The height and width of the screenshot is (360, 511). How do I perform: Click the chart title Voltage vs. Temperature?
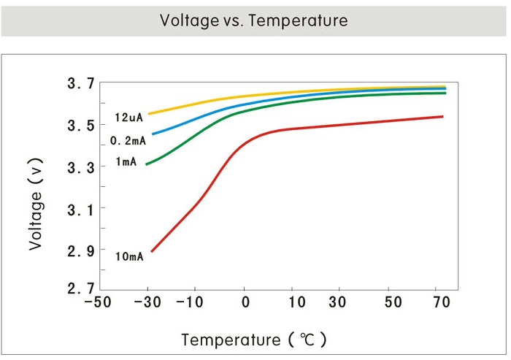click(x=254, y=20)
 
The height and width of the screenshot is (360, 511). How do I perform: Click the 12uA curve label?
click(x=128, y=118)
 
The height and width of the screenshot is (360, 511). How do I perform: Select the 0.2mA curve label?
click(x=128, y=140)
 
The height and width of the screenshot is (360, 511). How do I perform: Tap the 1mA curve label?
click(x=126, y=161)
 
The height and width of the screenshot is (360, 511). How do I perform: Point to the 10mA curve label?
click(x=129, y=256)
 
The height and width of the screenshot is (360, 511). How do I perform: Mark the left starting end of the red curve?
click(x=152, y=251)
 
